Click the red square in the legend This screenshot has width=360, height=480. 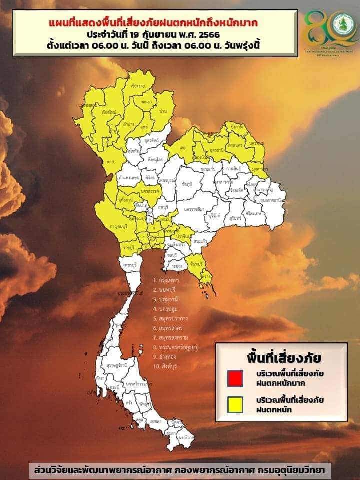[235, 378]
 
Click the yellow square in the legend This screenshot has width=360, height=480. [235, 404]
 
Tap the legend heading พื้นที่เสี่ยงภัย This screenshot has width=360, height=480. [283, 358]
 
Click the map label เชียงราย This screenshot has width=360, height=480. [137, 86]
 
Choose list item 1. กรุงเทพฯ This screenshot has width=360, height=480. [166, 281]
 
